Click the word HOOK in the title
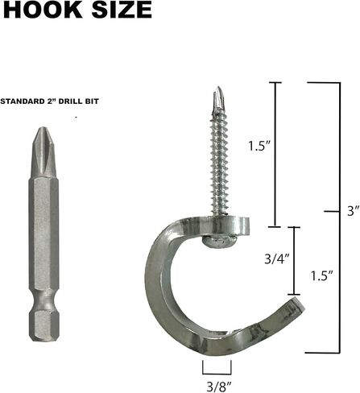37,10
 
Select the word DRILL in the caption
81,102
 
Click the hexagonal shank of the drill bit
43,234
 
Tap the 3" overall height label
350,212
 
